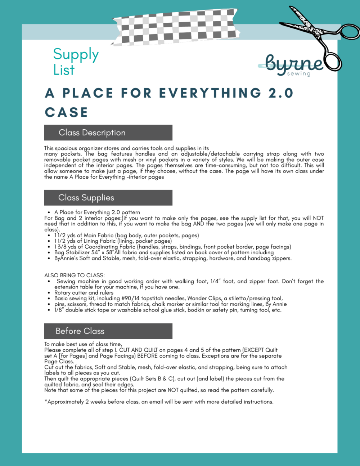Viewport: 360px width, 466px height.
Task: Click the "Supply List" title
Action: tap(76, 62)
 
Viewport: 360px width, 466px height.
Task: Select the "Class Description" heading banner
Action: tap(108, 133)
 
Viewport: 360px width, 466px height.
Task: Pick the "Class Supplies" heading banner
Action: tap(108, 198)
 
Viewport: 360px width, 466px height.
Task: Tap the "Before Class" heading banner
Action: tap(108, 331)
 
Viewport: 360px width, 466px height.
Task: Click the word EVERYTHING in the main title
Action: tap(210, 93)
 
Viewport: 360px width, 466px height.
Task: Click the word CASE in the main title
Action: tap(67, 112)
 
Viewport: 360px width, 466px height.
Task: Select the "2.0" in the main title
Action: tap(281, 93)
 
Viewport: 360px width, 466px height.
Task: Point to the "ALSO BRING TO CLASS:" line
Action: tap(75, 275)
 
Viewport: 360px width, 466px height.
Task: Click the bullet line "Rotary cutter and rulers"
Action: tap(84, 293)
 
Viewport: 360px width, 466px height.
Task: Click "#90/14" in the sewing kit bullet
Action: tap(131, 299)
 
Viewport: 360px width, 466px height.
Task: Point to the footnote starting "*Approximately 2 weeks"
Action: tap(159, 402)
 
